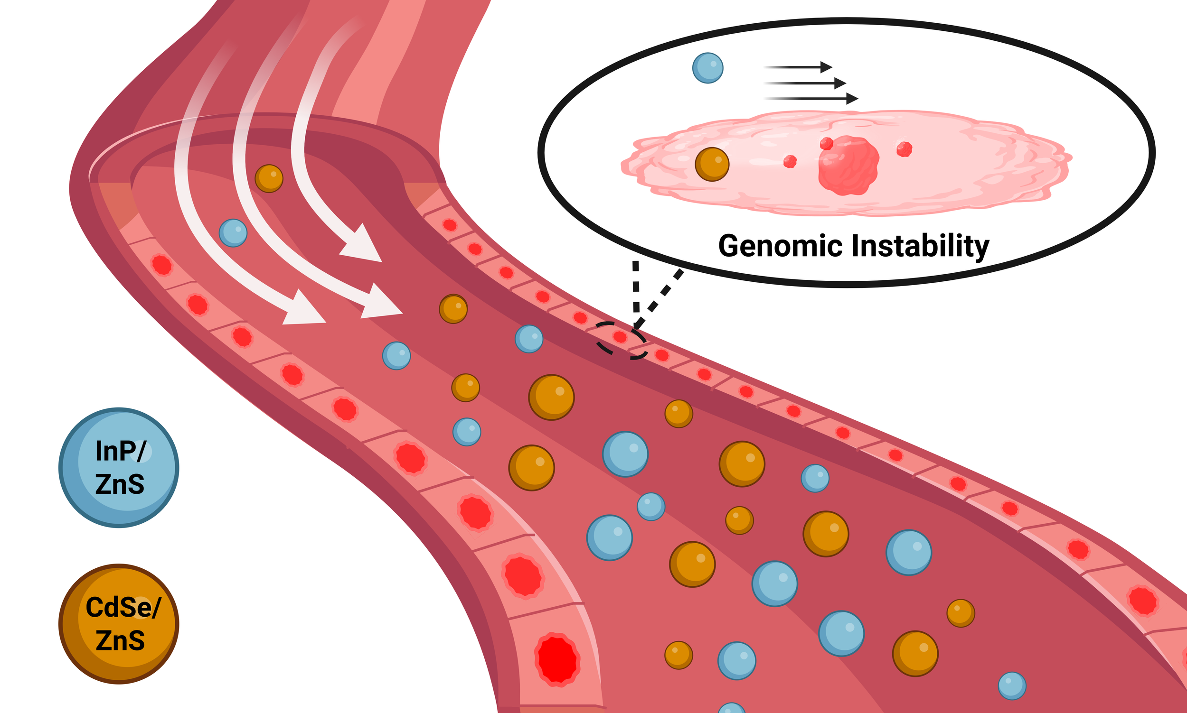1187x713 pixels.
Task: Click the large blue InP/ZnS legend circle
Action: point(119,467)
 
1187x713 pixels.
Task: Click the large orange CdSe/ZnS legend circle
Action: point(119,624)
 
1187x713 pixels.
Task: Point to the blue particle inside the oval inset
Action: point(707,68)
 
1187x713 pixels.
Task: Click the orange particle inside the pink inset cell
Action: point(712,164)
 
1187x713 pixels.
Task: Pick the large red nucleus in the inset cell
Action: point(848,165)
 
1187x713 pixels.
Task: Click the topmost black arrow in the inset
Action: point(798,67)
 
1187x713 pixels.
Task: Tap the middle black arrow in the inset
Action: point(805,83)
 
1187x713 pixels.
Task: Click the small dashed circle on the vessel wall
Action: point(621,340)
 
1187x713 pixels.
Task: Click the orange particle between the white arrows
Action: point(269,179)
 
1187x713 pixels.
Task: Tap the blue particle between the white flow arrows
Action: point(233,233)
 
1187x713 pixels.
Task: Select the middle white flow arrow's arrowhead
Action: point(380,303)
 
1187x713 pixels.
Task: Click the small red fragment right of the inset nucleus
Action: point(904,149)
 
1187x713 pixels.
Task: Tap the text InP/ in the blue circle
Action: point(120,451)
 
